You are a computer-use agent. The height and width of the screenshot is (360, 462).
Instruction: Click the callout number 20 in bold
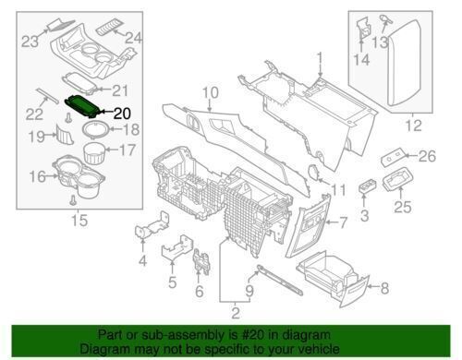coord(124,114)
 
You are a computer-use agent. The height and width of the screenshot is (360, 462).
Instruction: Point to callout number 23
coord(30,40)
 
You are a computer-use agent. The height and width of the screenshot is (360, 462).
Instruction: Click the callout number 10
coord(209,91)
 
